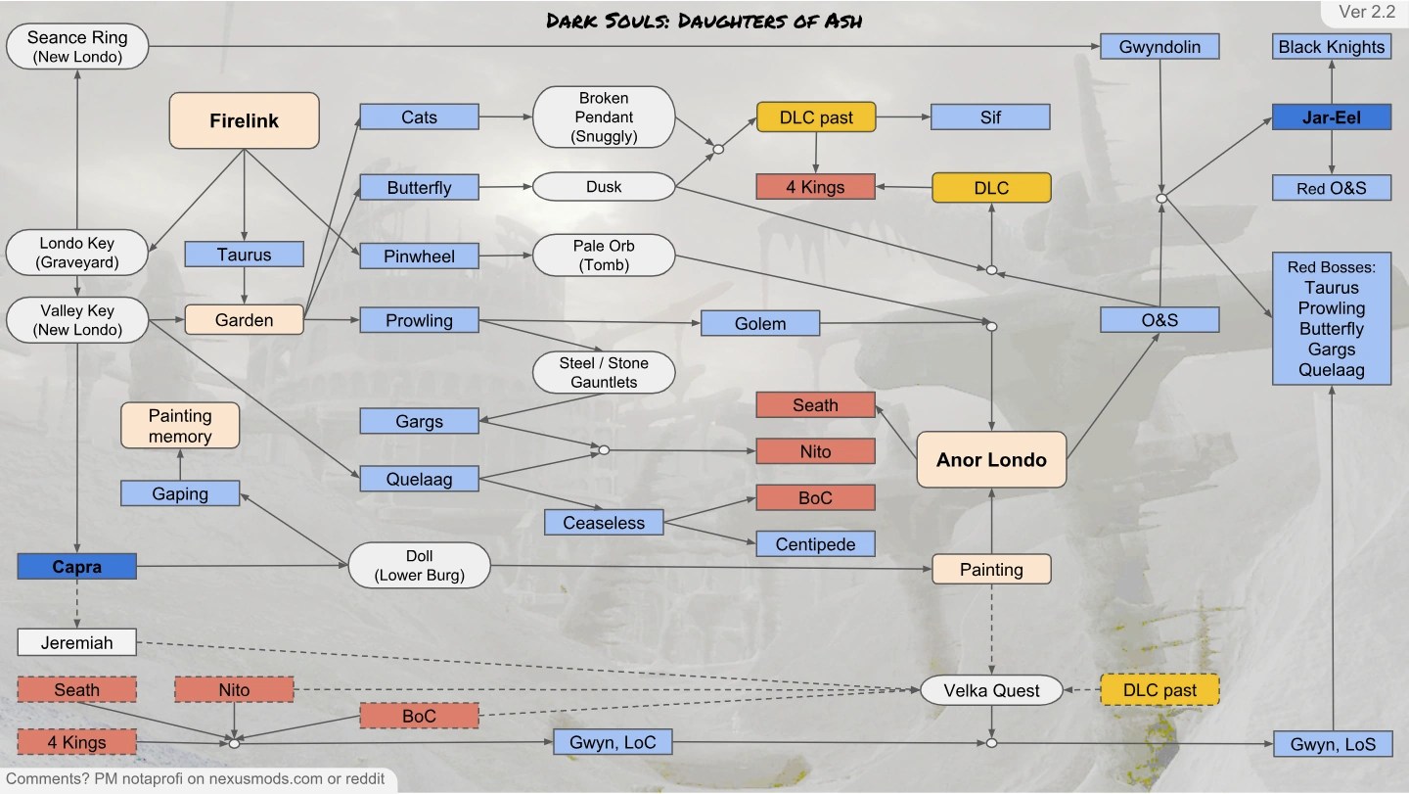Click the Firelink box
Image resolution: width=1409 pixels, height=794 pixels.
pyautogui.click(x=245, y=120)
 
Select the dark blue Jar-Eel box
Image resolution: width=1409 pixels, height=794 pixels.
pyautogui.click(x=1331, y=117)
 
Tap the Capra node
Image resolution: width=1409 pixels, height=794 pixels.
pyautogui.click(x=76, y=566)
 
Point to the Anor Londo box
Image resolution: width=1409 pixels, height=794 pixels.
pyautogui.click(x=991, y=459)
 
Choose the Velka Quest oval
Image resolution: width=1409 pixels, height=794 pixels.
pyautogui.click(x=991, y=690)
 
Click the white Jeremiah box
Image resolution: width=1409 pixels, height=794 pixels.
pyautogui.click(x=76, y=642)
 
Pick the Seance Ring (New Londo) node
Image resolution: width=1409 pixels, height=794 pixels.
pyautogui.click(x=76, y=46)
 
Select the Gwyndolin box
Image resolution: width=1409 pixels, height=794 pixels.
pyautogui.click(x=1159, y=46)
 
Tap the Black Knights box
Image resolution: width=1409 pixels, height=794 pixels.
pyautogui.click(x=1331, y=46)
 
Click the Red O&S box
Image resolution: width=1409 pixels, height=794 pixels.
pyautogui.click(x=1331, y=188)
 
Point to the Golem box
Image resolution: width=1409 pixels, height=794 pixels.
pyautogui.click(x=759, y=323)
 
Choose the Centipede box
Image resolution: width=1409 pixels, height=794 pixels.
pyautogui.click(x=815, y=543)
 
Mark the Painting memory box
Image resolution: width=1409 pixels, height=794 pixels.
pyautogui.click(x=180, y=426)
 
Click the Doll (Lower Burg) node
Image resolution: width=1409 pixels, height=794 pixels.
pyautogui.click(x=420, y=566)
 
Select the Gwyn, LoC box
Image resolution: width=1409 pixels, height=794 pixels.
pyautogui.click(x=613, y=742)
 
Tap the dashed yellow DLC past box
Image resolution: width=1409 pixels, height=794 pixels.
pyautogui.click(x=1159, y=690)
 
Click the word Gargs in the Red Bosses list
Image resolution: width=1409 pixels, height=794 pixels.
pyautogui.click(x=1331, y=350)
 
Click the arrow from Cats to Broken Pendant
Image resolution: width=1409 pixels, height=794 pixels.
pyautogui.click(x=506, y=117)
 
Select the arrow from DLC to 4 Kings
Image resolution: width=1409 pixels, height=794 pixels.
pyautogui.click(x=902, y=186)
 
